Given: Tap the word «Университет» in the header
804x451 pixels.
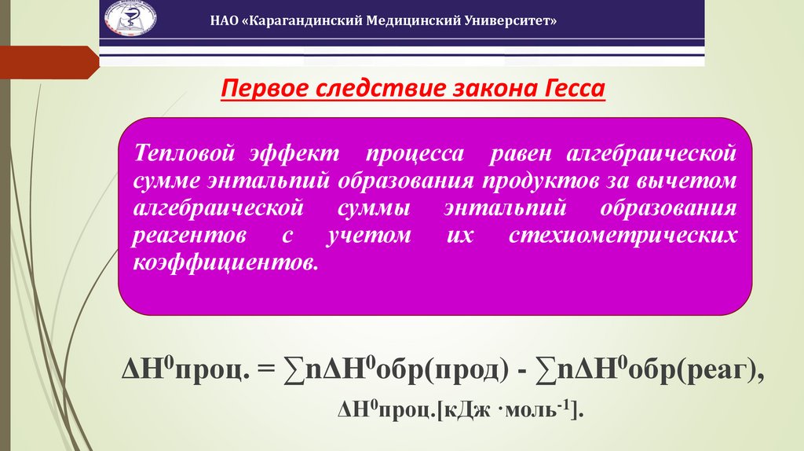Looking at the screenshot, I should (511, 21).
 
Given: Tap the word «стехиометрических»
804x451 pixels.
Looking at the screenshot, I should (623, 235).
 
